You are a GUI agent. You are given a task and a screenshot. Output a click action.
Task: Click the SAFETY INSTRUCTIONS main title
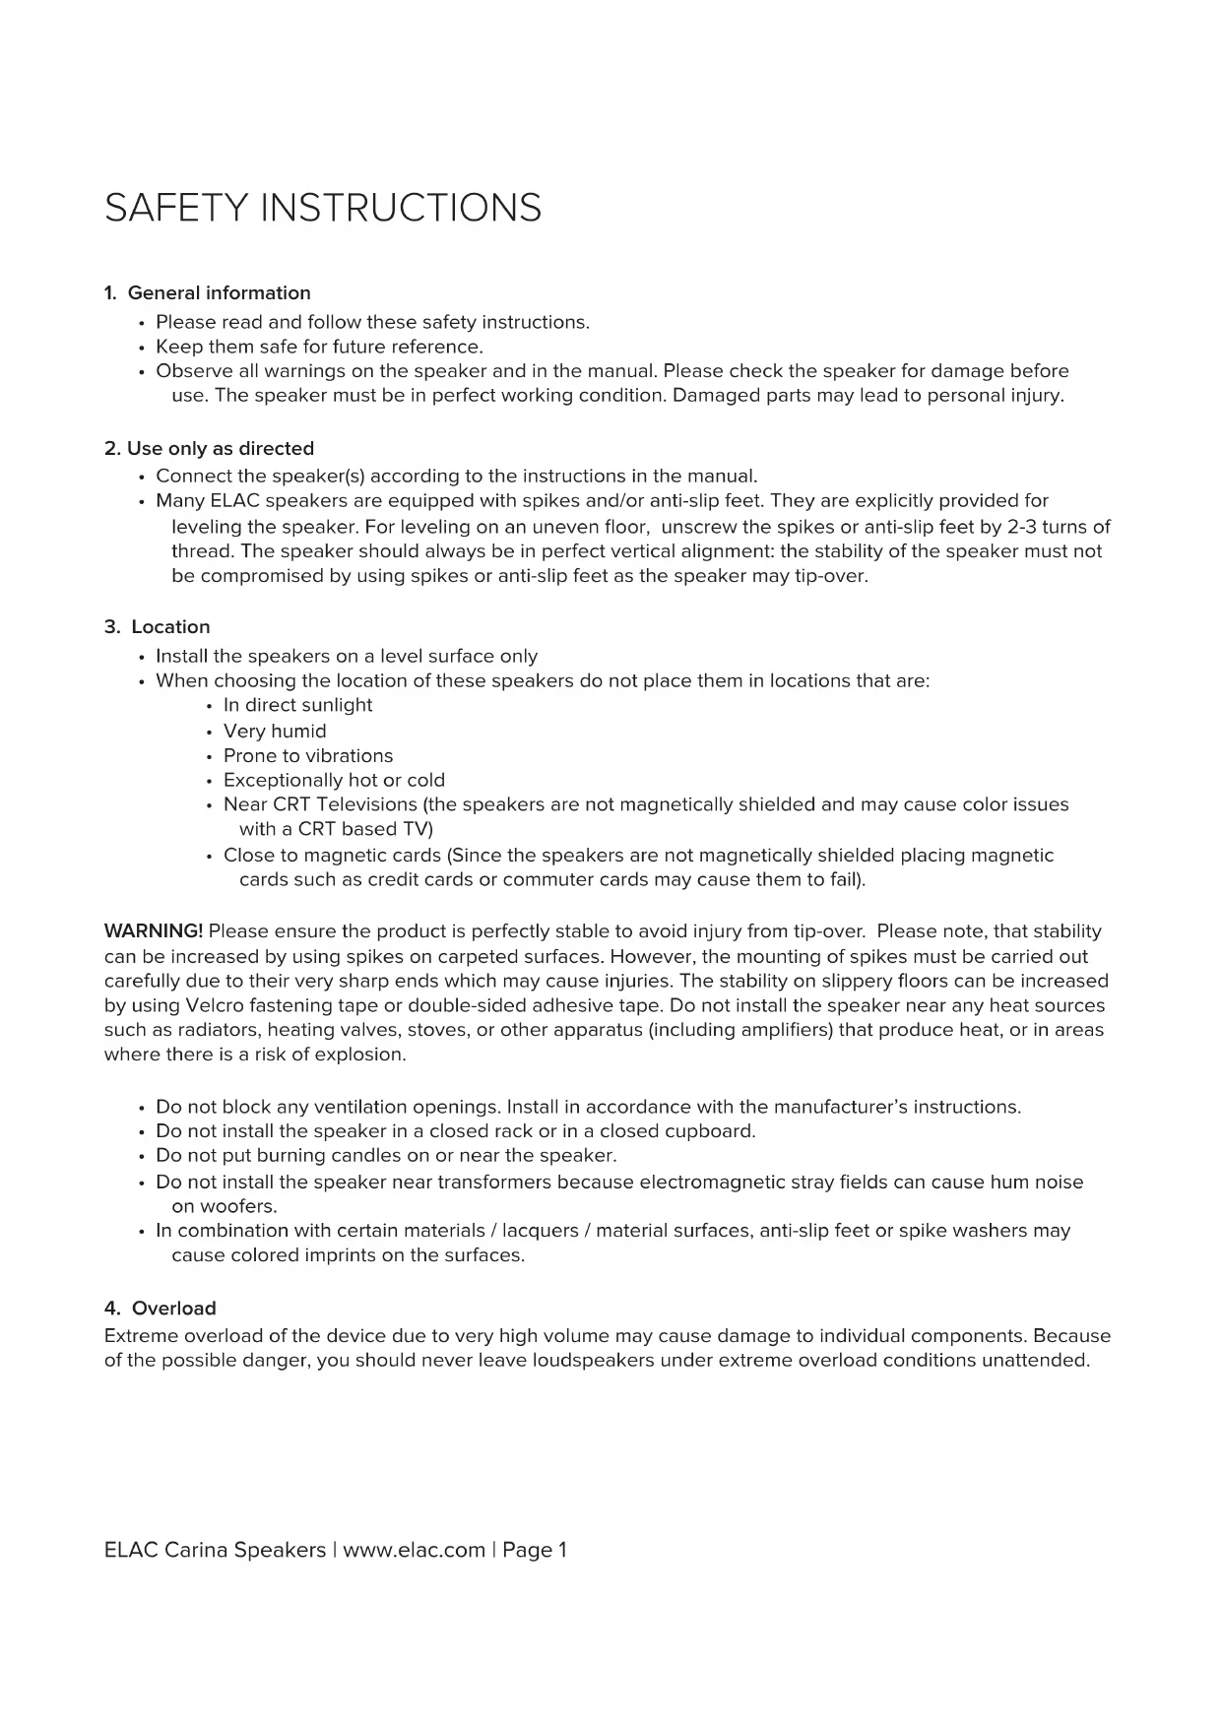pyautogui.click(x=323, y=209)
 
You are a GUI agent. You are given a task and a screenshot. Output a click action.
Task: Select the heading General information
pyautogui.click(x=219, y=292)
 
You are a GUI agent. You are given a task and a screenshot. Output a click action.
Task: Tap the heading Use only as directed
pyautogui.click(x=220, y=448)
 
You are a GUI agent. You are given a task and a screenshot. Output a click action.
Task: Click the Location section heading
pyautogui.click(x=170, y=627)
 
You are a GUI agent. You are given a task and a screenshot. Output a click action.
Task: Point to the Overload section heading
pyautogui.click(x=173, y=1309)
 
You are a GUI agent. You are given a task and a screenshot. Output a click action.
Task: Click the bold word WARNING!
pyautogui.click(x=154, y=931)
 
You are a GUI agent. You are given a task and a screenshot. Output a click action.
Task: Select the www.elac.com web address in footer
pyautogui.click(x=414, y=1550)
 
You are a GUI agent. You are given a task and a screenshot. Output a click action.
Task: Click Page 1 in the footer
pyautogui.click(x=535, y=1550)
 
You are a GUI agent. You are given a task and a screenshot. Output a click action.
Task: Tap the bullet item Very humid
pyautogui.click(x=275, y=731)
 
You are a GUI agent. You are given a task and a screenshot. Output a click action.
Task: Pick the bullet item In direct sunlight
pyautogui.click(x=297, y=705)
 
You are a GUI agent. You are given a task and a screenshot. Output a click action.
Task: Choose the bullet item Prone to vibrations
pyautogui.click(x=308, y=755)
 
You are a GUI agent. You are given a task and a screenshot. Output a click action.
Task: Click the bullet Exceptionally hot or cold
pyautogui.click(x=334, y=780)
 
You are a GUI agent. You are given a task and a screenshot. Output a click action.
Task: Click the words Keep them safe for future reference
pyautogui.click(x=319, y=347)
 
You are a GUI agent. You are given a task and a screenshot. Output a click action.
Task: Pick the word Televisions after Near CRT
pyautogui.click(x=366, y=804)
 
